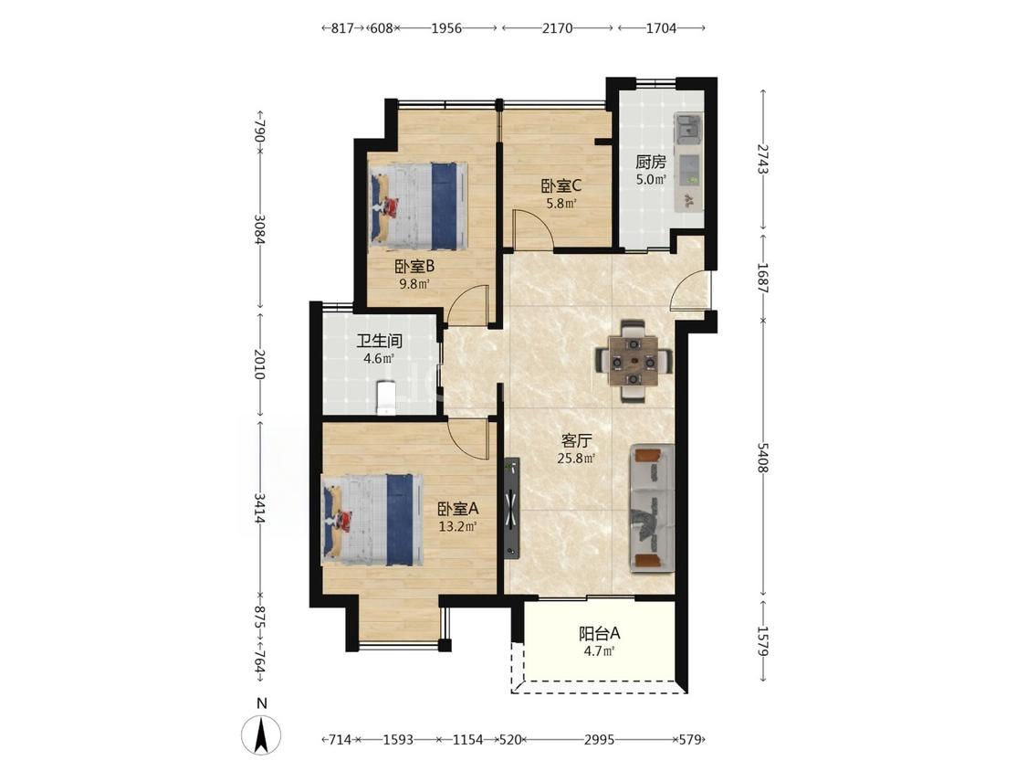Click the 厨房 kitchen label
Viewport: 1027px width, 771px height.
[650, 162]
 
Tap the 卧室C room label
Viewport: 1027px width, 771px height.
[561, 186]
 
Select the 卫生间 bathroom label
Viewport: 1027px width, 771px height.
[379, 341]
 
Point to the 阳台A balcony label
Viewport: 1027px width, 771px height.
[599, 634]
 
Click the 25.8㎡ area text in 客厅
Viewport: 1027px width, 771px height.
[576, 459]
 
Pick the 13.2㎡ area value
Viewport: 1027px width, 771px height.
[458, 526]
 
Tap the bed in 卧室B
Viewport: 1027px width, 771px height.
[418, 206]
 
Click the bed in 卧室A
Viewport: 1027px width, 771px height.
[372, 520]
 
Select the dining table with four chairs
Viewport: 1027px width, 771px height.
[634, 361]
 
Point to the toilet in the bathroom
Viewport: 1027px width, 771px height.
[386, 398]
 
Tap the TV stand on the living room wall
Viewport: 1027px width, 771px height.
[512, 507]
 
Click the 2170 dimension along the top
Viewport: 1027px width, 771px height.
[558, 28]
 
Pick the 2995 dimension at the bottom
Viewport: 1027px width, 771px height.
[599, 740]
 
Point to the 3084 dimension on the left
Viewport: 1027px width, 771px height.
[260, 229]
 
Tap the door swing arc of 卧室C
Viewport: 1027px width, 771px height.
[532, 228]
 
